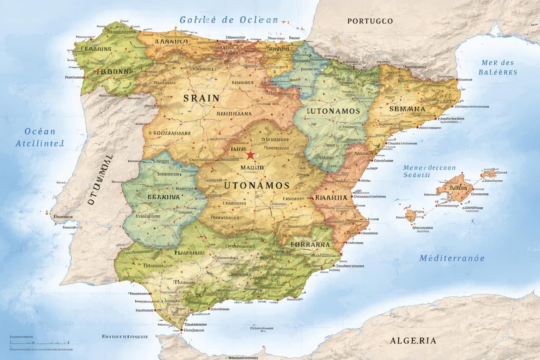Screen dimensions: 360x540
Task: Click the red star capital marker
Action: pyautogui.click(x=250, y=155)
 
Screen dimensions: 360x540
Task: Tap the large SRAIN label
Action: pyautogui.click(x=201, y=98)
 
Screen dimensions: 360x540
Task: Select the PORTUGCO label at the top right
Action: pyautogui.click(x=370, y=21)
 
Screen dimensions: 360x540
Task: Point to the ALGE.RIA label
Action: pyautogui.click(x=413, y=340)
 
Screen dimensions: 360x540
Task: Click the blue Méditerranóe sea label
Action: pyautogui.click(x=452, y=258)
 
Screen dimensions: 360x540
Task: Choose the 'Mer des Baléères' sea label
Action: pyautogui.click(x=497, y=67)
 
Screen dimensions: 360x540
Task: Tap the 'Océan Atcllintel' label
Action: pyautogui.click(x=40, y=137)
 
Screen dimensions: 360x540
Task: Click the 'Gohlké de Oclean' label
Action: pyautogui.click(x=229, y=20)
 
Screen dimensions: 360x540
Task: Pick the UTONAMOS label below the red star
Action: pyautogui.click(x=257, y=185)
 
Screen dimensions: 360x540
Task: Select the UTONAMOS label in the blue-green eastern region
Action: pyautogui.click(x=333, y=111)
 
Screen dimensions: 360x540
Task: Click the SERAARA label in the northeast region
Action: pyautogui.click(x=407, y=109)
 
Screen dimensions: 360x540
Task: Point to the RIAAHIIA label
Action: pyautogui.click(x=332, y=198)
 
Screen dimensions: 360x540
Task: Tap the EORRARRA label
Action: pyautogui.click(x=310, y=244)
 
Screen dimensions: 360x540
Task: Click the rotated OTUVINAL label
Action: pyautogui.click(x=100, y=180)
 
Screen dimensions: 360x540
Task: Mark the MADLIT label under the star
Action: pyautogui.click(x=252, y=168)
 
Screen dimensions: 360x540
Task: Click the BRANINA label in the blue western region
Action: pyautogui.click(x=163, y=197)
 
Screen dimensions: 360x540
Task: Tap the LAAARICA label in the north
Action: pyautogui.click(x=172, y=41)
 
